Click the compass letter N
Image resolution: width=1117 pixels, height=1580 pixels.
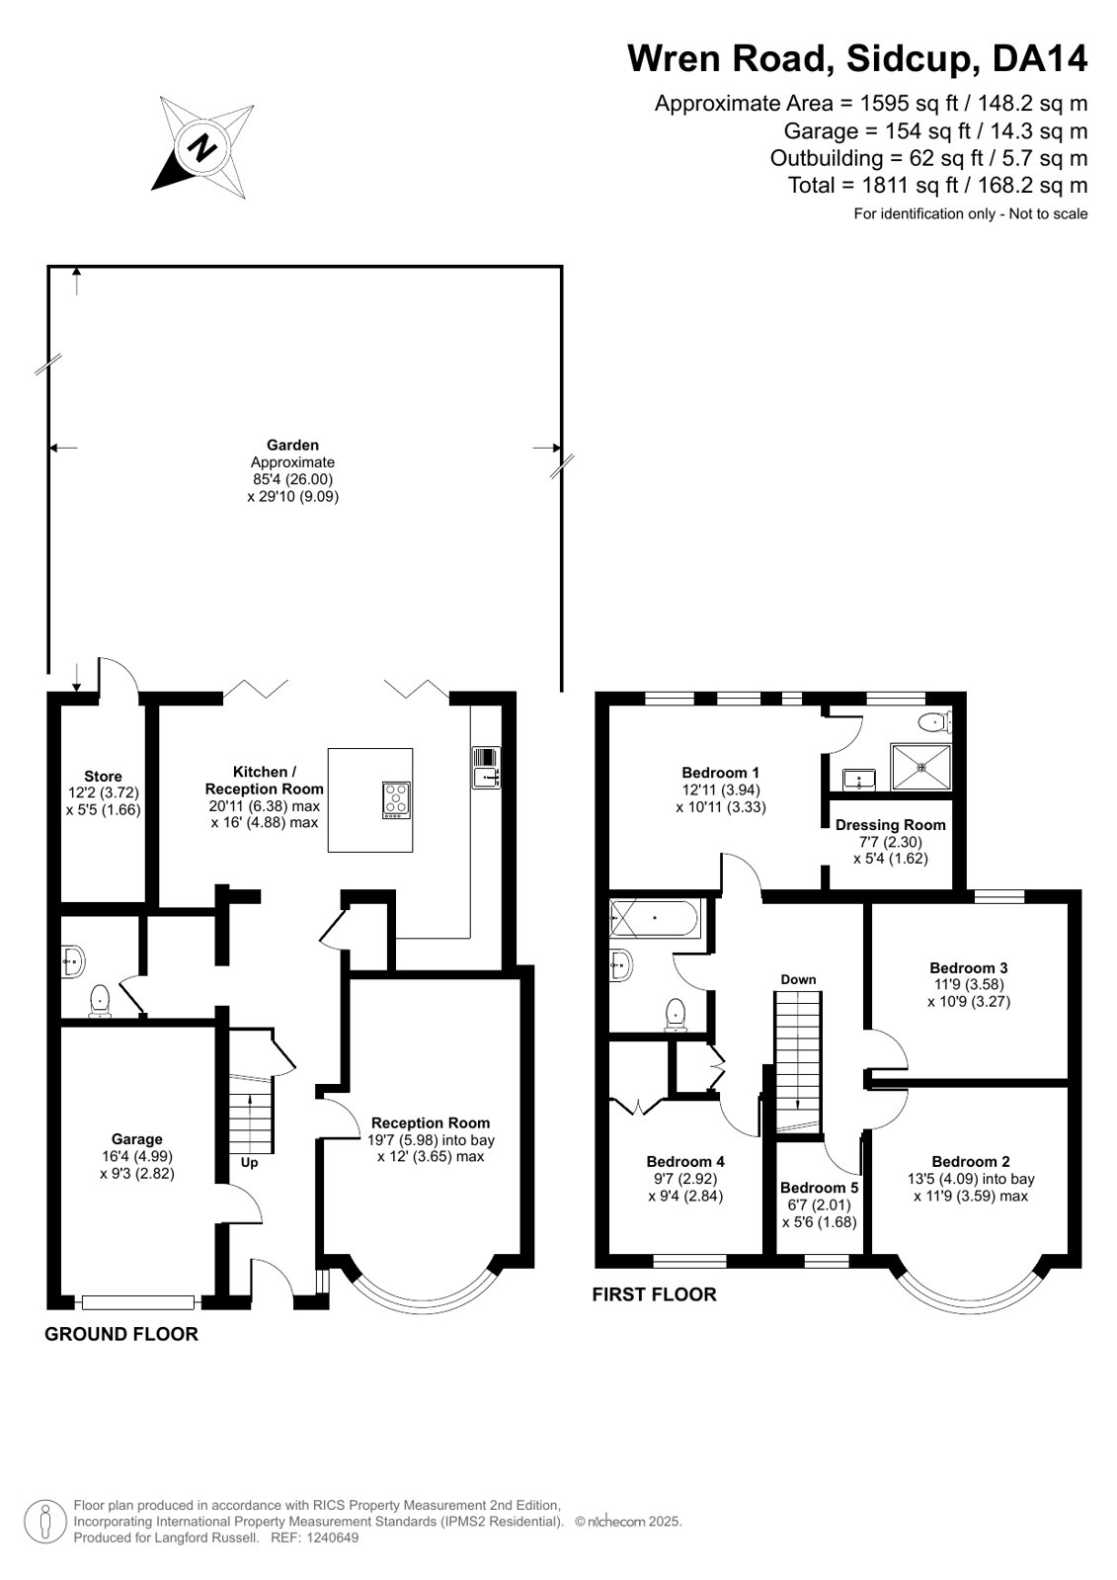(x=203, y=147)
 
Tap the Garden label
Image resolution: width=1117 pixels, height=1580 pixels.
(x=292, y=445)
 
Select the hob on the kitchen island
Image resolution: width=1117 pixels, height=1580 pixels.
(x=397, y=799)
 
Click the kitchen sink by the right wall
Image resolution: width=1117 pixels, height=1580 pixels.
(x=486, y=768)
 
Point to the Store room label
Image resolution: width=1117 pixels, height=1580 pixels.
(x=103, y=777)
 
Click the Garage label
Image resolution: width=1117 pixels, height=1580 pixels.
(x=137, y=1139)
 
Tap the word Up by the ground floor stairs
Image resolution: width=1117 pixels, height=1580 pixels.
(x=249, y=1163)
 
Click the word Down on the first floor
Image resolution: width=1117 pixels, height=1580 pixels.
(x=798, y=980)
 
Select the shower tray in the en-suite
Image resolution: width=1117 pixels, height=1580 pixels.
(x=920, y=767)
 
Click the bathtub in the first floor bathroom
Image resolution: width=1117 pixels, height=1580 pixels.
(x=655, y=918)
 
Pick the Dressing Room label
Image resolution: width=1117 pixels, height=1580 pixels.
(x=890, y=825)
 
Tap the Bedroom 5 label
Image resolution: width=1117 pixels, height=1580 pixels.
(x=819, y=1189)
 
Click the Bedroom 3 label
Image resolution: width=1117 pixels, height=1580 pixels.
(x=968, y=967)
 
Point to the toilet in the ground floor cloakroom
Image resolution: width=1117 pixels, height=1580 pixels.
(x=100, y=1001)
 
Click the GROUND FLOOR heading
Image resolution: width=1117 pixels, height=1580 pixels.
(x=121, y=1335)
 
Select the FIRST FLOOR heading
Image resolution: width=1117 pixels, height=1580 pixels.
(x=655, y=1295)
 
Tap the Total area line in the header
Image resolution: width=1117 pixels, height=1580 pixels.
(x=937, y=186)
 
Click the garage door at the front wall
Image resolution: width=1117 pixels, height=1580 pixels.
(x=138, y=1302)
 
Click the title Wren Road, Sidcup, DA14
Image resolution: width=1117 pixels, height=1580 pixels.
(x=857, y=58)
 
